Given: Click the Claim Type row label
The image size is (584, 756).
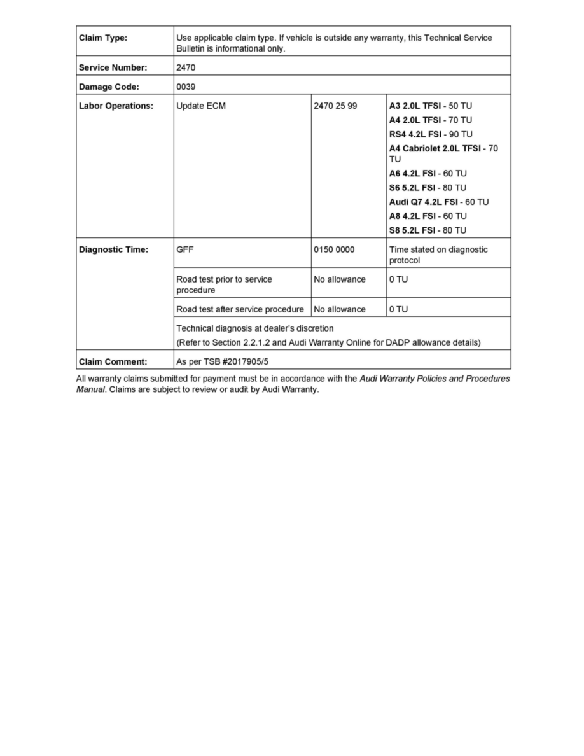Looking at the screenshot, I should (x=103, y=38).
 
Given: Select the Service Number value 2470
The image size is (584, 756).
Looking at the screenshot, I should (x=186, y=67).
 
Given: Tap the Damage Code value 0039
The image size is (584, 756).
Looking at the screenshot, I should (x=186, y=87).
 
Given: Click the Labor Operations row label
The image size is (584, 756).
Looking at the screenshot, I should (x=116, y=106).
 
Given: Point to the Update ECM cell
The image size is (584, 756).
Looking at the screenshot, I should (x=201, y=106).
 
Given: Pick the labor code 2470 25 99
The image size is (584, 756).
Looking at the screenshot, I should (x=336, y=106).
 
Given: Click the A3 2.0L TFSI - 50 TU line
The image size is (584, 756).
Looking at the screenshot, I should (x=431, y=106).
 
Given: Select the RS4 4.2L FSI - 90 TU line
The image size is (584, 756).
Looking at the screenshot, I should (x=431, y=134).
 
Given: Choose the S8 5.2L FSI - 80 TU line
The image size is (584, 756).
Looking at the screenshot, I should (x=428, y=230).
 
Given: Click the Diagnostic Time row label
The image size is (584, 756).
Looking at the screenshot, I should (x=113, y=250).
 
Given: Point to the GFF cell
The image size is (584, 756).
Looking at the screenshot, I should (x=185, y=250).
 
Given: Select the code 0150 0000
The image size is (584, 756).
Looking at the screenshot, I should (x=334, y=250).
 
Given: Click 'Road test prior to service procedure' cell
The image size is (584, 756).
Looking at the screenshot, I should (x=224, y=284).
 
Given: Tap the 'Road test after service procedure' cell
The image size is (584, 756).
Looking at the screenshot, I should (x=240, y=309).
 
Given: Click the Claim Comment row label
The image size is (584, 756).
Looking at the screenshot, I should (x=113, y=362).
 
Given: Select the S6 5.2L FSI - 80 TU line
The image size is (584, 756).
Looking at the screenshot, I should (x=428, y=188).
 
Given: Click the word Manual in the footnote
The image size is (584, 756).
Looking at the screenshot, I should (x=90, y=389).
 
